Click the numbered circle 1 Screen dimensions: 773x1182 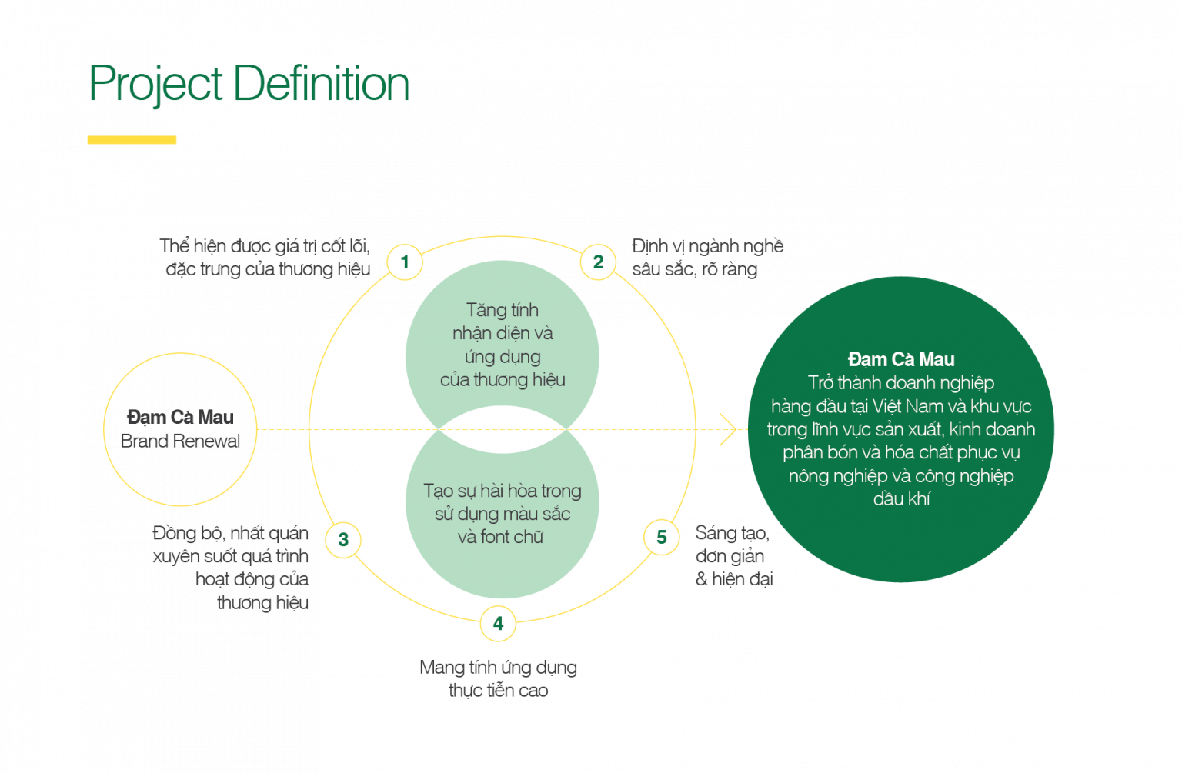[405, 263]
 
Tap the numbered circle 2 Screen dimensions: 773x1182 [598, 262]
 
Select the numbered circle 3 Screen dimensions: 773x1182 [343, 540]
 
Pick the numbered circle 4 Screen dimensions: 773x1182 [498, 623]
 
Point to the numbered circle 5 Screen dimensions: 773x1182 [661, 537]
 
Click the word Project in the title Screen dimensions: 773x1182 [156, 85]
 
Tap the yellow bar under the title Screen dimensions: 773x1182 [132, 140]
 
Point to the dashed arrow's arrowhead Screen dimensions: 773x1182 [728, 429]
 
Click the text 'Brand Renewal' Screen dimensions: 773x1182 [180, 441]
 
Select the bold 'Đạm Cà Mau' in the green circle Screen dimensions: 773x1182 [901, 359]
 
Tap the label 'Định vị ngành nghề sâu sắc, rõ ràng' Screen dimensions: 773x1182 [707, 258]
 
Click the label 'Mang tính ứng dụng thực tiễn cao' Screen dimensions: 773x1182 [499, 678]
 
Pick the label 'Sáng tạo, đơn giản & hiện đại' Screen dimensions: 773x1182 [733, 556]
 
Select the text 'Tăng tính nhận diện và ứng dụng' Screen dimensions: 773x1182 [503, 334]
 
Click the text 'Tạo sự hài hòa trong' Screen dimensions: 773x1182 [503, 491]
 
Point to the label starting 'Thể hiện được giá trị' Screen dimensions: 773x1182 [265, 258]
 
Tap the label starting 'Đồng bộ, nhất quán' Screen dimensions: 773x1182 [231, 568]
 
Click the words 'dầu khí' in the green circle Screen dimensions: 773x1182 [901, 498]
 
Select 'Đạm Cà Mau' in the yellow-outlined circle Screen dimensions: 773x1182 [180, 417]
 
